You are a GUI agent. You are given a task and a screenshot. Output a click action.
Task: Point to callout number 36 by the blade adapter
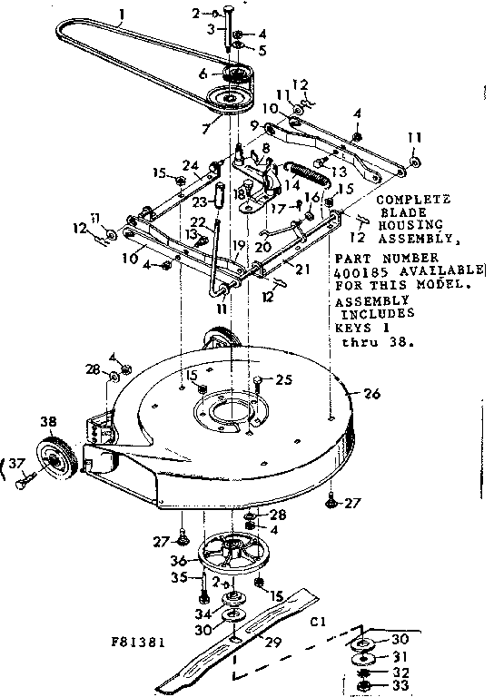tap(182, 560)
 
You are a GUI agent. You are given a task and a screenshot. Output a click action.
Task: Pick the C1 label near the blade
tap(319, 623)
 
